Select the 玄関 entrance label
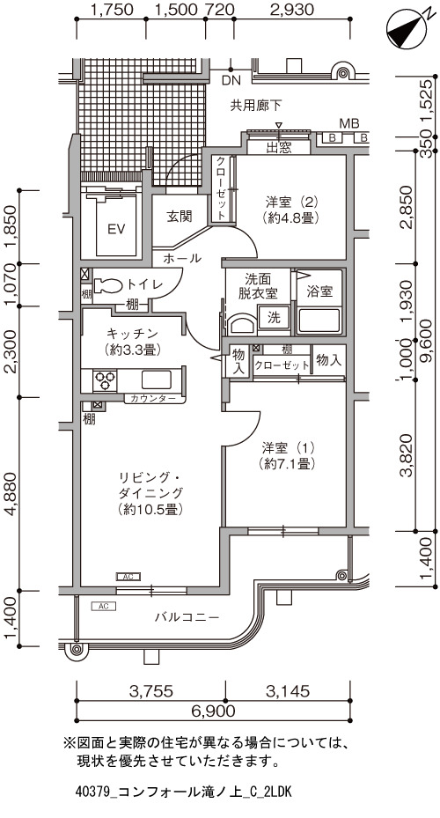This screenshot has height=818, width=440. (x=179, y=216)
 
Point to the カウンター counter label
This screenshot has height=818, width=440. (x=153, y=399)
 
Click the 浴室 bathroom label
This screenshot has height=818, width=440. (x=319, y=291)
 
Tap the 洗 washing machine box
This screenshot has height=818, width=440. (x=273, y=318)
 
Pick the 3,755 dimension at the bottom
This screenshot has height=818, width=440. (x=150, y=691)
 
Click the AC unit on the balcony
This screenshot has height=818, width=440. (x=103, y=606)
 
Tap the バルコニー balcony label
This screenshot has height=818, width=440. (x=187, y=617)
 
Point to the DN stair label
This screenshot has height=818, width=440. (x=230, y=80)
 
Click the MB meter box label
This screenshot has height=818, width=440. (x=349, y=123)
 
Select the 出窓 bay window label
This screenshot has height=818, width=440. (x=280, y=148)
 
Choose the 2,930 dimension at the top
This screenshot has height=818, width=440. (x=293, y=10)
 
